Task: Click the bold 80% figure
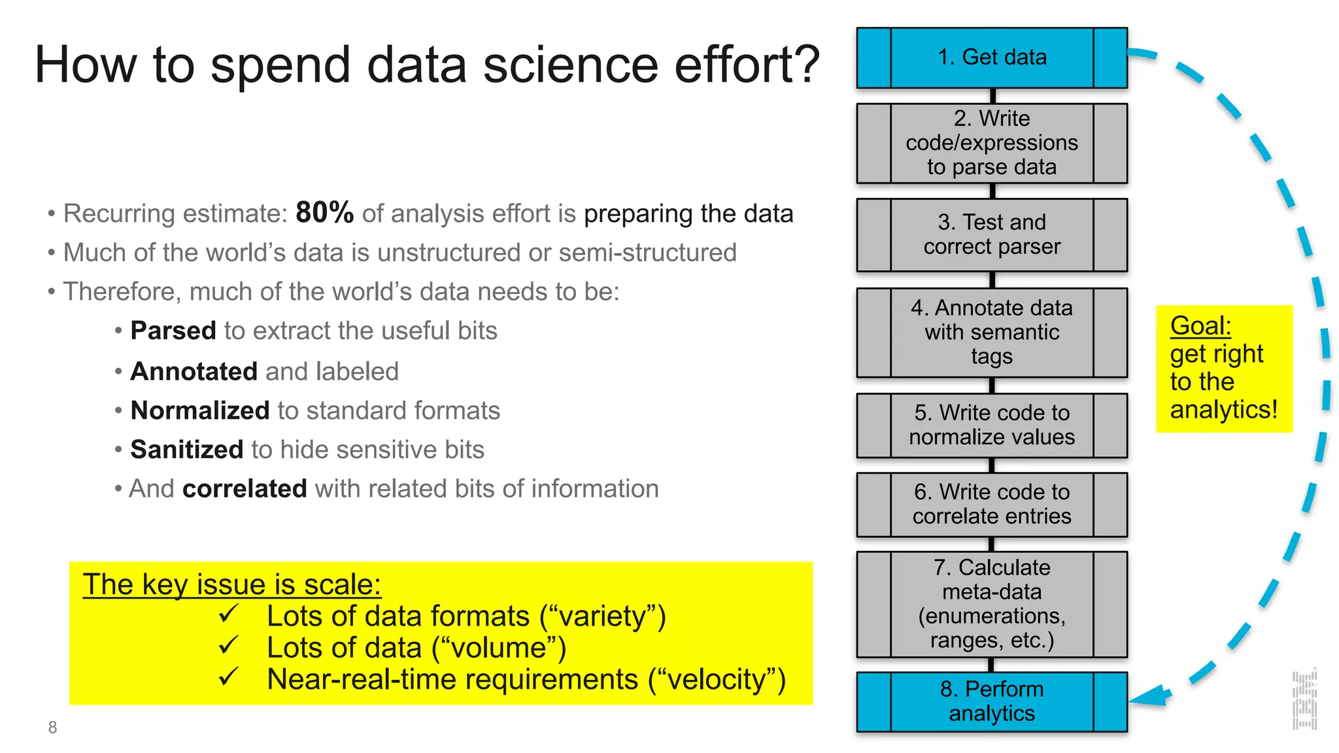pos(324,212)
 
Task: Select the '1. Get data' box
pos(992,58)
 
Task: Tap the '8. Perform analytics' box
pos(992,701)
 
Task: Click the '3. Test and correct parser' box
pos(992,235)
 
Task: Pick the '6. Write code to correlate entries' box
pos(992,504)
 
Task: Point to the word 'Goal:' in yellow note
pos(1200,326)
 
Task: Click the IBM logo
pos(1304,700)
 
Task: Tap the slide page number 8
pos(52,728)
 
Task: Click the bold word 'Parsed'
pos(173,331)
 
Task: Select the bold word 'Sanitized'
pos(187,450)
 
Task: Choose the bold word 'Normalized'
pos(200,410)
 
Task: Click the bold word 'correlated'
pos(245,489)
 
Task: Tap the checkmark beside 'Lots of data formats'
pos(229,614)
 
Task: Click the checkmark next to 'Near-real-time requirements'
pos(229,677)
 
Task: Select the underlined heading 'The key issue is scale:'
pos(231,584)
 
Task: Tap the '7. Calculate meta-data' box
pos(992,604)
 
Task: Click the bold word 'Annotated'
pos(194,371)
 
